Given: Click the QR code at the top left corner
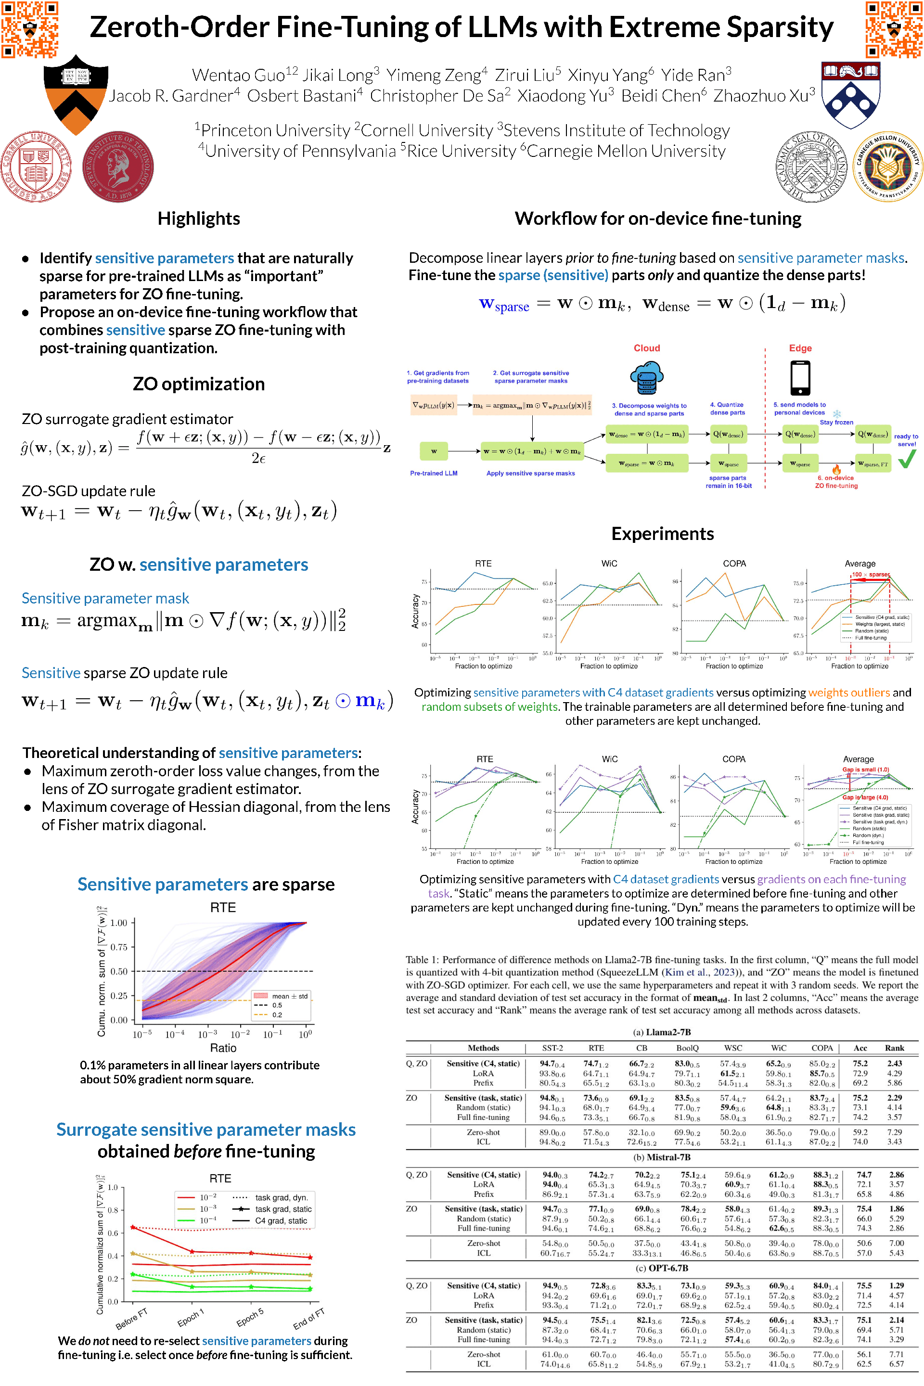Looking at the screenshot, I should click(x=29, y=29).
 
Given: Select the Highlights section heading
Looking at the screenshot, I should click(x=199, y=218).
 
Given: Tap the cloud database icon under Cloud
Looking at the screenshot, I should click(x=646, y=377).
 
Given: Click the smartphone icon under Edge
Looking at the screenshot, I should click(x=800, y=377).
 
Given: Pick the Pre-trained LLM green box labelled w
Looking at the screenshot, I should click(x=434, y=451).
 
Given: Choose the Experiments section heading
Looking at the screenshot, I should click(x=662, y=534).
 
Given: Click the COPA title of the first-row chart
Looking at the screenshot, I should click(x=734, y=564).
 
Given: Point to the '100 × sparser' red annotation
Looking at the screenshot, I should click(x=871, y=575).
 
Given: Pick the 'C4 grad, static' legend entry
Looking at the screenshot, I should click(x=281, y=1220).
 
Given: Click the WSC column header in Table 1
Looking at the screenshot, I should click(x=733, y=1048).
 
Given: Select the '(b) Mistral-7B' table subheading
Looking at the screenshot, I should click(x=662, y=1157).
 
